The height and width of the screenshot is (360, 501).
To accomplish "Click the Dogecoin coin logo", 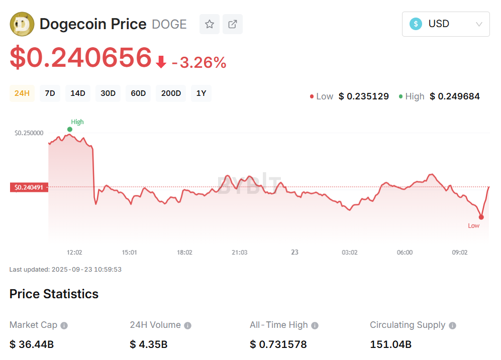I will [x=22, y=24].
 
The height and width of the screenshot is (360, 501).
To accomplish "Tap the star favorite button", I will [x=210, y=24].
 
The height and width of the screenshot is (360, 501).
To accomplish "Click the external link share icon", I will [x=233, y=24].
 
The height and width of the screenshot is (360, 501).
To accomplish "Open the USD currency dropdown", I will [x=446, y=24].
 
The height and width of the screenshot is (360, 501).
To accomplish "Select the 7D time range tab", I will [x=50, y=93].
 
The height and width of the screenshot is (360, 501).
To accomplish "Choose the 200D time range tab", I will [x=171, y=93].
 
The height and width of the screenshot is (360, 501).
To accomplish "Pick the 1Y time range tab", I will [x=201, y=93].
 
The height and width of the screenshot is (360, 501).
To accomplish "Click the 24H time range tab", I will [x=22, y=93].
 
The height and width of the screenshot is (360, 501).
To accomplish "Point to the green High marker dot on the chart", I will [x=70, y=130].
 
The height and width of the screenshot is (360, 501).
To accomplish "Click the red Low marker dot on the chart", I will [x=481, y=217].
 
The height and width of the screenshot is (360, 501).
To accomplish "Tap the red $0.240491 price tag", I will [x=29, y=187].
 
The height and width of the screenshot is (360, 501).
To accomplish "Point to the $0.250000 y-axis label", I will [x=29, y=133].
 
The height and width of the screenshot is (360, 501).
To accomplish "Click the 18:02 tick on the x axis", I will [x=184, y=252].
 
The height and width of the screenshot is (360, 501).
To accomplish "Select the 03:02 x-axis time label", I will [x=350, y=252].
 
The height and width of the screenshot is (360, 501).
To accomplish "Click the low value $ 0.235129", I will [x=364, y=96].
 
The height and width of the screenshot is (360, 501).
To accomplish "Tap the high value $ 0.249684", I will [x=455, y=96].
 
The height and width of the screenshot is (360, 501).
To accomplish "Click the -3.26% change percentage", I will [x=199, y=63].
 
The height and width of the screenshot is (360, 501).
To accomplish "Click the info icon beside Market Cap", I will [x=64, y=326].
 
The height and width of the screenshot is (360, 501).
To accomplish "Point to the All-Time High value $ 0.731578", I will [x=278, y=344].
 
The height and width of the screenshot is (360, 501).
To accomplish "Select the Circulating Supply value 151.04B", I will [x=391, y=344].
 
